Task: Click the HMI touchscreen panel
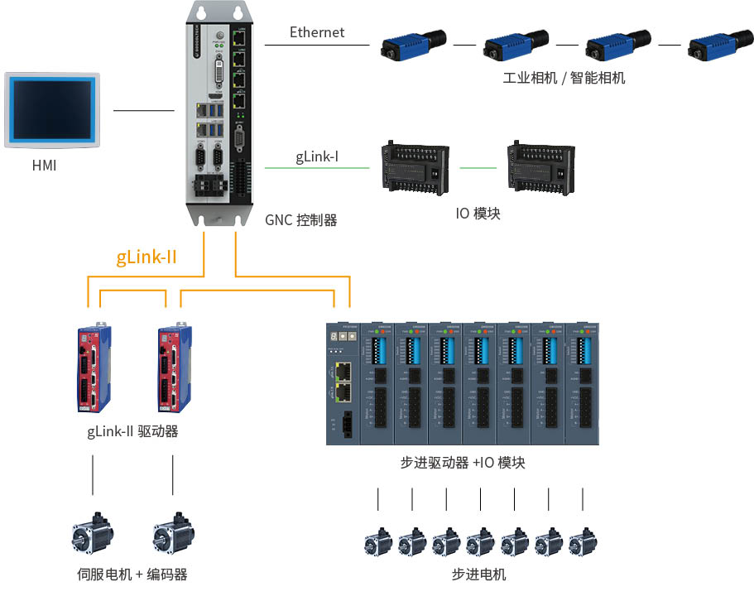pos(52,110)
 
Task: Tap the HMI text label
pos(45,166)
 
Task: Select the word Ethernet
pos(317,32)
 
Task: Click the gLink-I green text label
pos(317,156)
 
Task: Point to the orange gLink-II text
pos(146,257)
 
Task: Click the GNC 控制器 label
pos(301,220)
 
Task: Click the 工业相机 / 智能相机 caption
pos(564,79)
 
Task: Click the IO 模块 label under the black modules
pos(478,214)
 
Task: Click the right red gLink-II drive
pos(174,368)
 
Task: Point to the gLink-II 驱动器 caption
pos(132,431)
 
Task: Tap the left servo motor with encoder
pos(93,535)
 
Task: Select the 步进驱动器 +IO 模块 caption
pos(463,463)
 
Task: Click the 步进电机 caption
pos(479,574)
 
